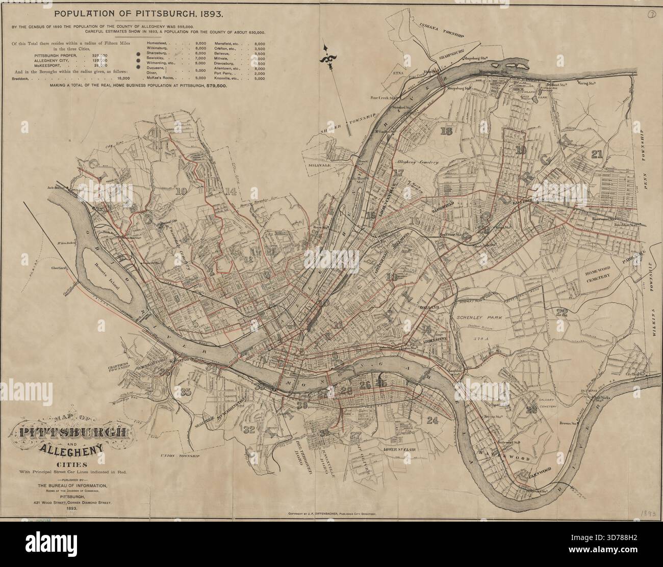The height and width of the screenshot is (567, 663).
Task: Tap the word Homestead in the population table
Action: point(159,45)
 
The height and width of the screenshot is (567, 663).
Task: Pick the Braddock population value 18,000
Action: point(123,78)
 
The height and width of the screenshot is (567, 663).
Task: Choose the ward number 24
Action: point(432,420)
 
